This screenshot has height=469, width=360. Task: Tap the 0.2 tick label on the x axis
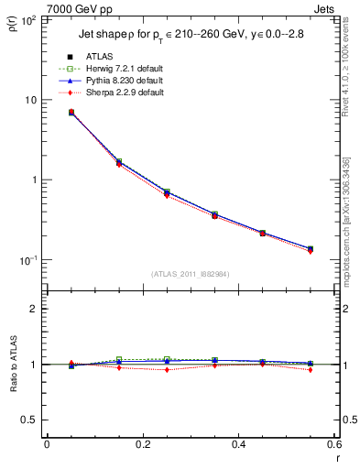pyautogui.click(x=142, y=443)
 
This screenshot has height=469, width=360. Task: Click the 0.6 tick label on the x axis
pyautogui.click(x=333, y=443)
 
